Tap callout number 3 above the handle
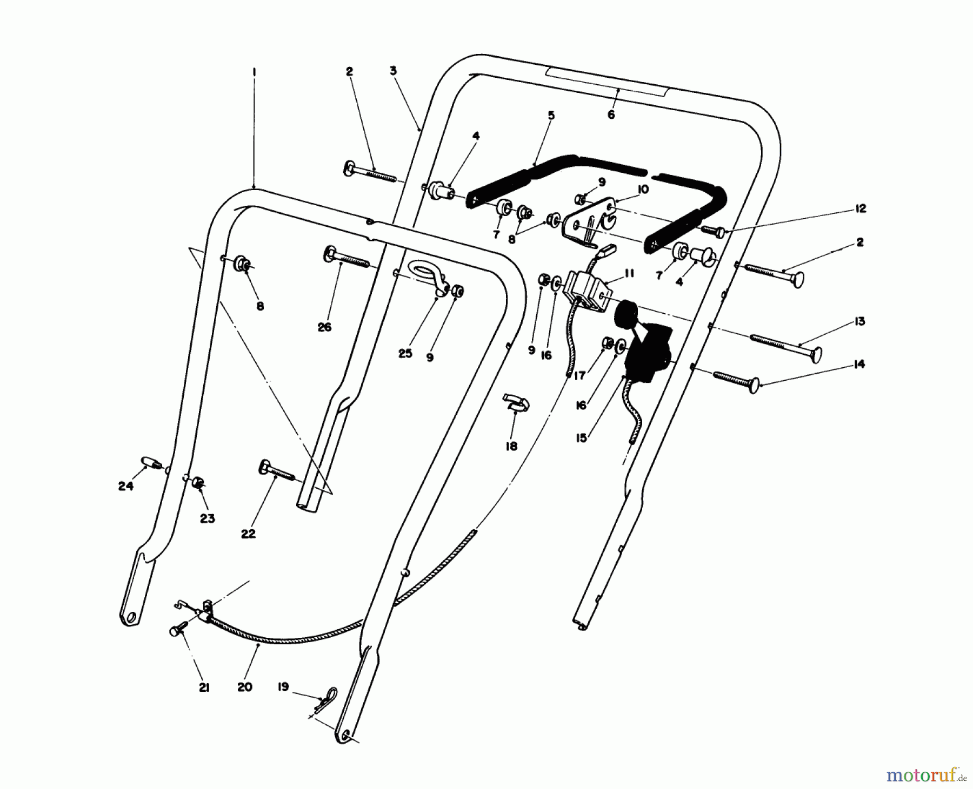393,71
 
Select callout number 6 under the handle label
611,115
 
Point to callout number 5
551,116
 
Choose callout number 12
861,208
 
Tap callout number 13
859,321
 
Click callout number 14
859,365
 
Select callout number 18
511,446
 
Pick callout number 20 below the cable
244,687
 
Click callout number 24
125,487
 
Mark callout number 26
324,327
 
